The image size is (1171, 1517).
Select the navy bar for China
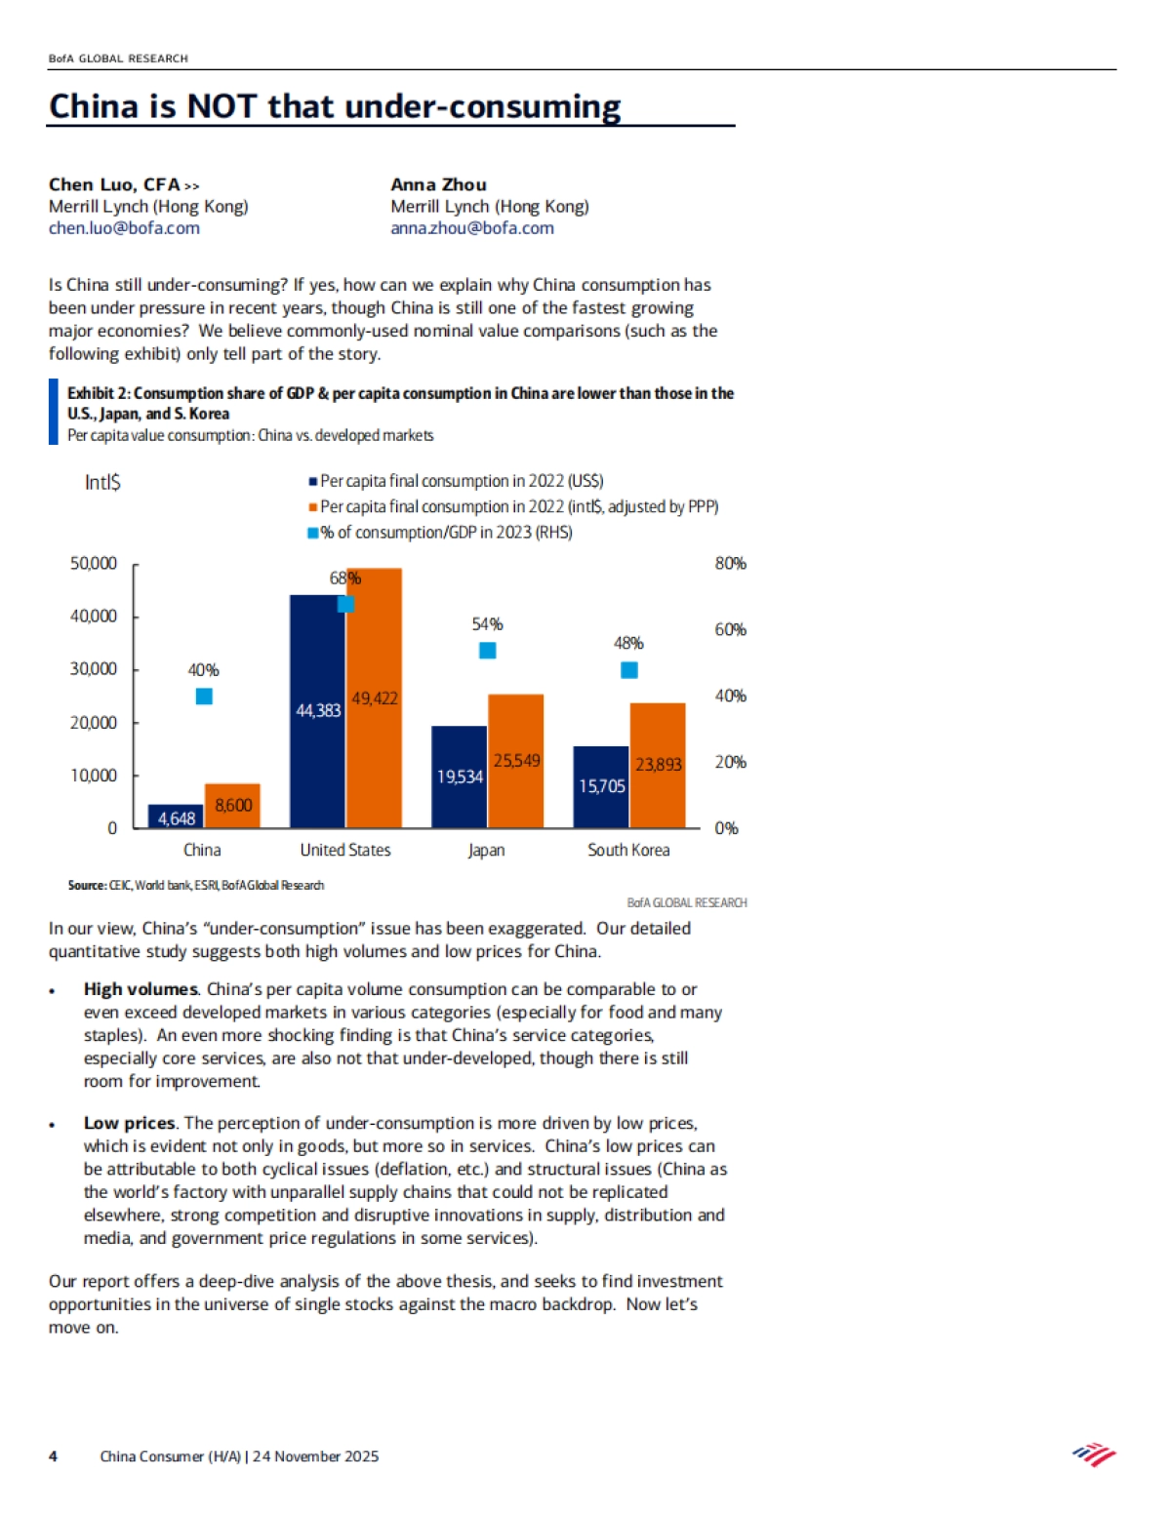(176, 817)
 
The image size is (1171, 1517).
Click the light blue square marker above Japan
(487, 650)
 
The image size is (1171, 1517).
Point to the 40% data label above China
(203, 670)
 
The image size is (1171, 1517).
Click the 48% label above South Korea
(628, 643)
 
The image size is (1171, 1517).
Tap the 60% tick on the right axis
(730, 630)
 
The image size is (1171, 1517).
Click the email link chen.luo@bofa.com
(124, 228)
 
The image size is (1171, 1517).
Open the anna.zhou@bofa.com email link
(472, 228)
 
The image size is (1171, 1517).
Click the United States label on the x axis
(345, 850)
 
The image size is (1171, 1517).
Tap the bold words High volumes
(141, 989)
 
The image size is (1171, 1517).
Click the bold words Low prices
(129, 1123)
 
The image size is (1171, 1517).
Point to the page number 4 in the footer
(53, 1457)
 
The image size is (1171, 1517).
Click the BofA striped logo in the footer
(1094, 1456)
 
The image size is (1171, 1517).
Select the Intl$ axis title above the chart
(102, 482)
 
